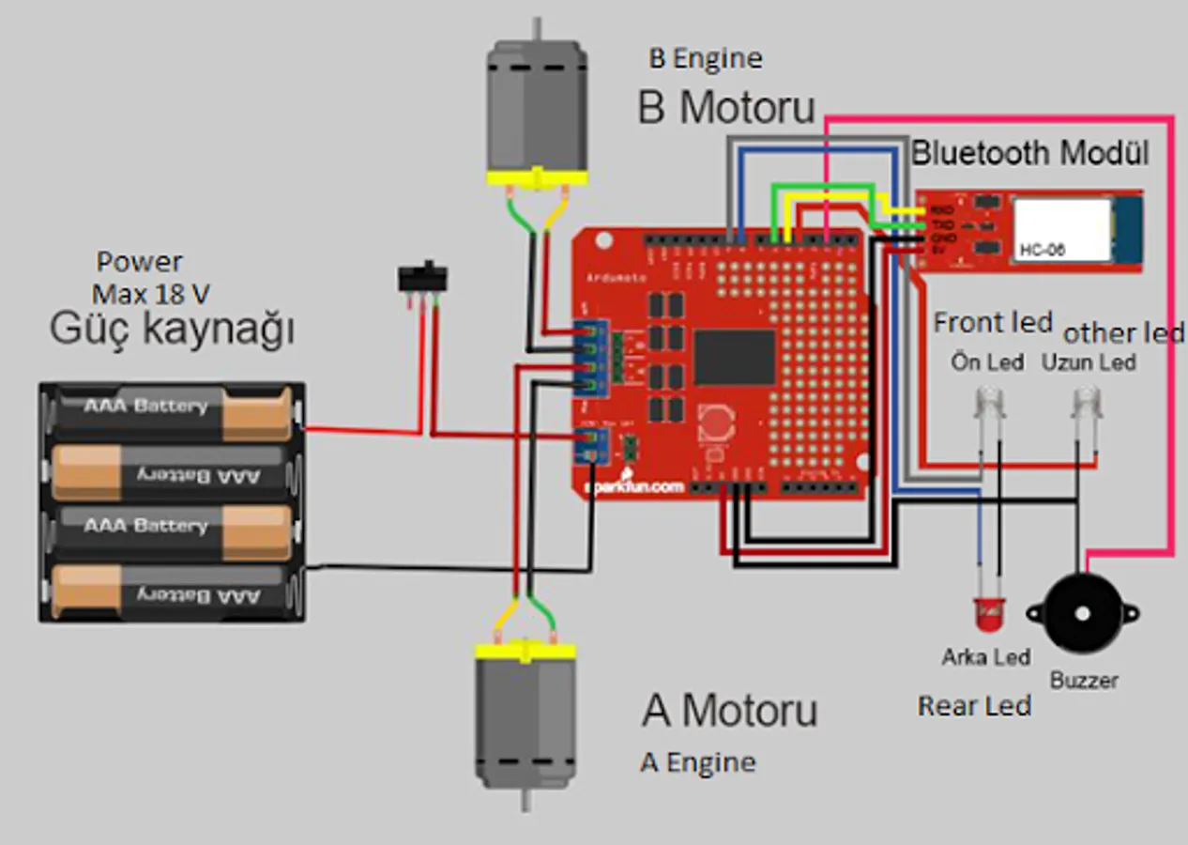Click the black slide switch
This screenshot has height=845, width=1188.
coord(422,279)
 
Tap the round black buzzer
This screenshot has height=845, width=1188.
coord(1083,614)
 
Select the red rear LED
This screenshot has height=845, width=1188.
coord(988,616)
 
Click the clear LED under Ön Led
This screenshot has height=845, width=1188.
coord(988,405)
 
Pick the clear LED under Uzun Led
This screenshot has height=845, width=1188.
coord(1087,405)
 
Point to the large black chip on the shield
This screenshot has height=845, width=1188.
coord(735,358)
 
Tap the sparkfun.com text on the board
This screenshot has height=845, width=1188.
coord(634,486)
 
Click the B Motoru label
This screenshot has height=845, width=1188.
coord(726,107)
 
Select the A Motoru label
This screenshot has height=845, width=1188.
coord(730,711)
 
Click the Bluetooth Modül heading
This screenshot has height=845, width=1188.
coord(1030,152)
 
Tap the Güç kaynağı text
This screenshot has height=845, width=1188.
coord(172,330)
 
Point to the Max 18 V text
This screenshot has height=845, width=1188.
coord(150,294)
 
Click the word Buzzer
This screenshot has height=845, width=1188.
coord(1084,680)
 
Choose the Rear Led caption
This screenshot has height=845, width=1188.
coord(974,706)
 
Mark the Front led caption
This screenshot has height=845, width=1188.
coord(993,323)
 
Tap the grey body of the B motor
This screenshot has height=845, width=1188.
coord(536,108)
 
